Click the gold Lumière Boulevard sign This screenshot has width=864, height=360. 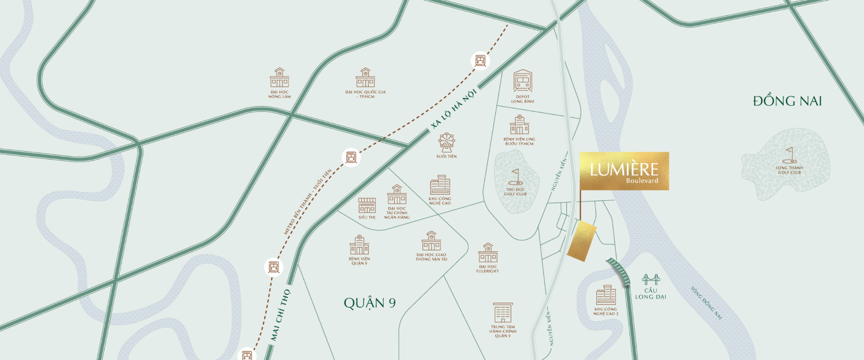624,171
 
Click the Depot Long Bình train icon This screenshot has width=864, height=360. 523,81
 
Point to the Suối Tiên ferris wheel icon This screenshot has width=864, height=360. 446,142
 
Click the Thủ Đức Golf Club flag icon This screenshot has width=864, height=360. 516,175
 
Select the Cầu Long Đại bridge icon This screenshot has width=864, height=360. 650,279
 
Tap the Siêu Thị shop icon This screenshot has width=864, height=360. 367,205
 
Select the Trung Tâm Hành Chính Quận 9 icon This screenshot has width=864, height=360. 503,312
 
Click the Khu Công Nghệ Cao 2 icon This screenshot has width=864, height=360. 606,295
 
